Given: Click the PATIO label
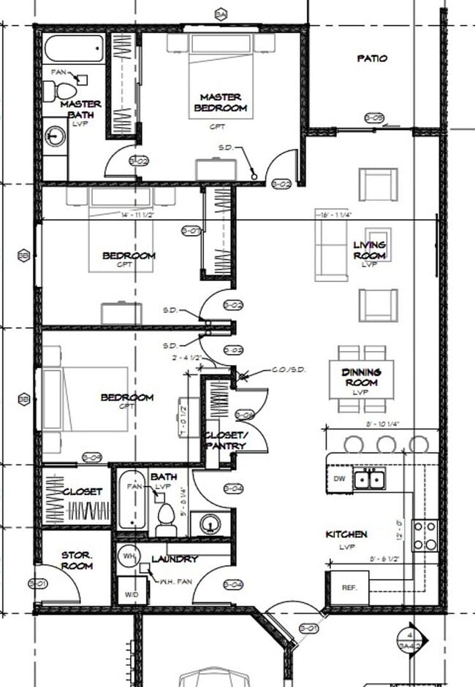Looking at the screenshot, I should (372, 58).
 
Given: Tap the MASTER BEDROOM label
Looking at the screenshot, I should (220, 102).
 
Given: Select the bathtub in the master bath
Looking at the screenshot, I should (73, 50).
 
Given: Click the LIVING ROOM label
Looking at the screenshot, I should (369, 250).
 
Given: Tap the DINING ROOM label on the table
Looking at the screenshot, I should (360, 377).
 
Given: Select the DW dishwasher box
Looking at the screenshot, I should (338, 480).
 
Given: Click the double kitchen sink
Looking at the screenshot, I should (370, 480).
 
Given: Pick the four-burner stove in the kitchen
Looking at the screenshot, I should (425, 534).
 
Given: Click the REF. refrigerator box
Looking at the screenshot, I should (348, 588).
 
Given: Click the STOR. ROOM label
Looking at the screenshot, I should (77, 560).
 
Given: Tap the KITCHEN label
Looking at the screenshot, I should (346, 535).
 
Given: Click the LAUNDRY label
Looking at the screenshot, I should (175, 559).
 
